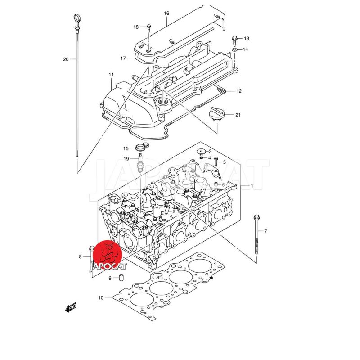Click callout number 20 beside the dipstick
(x=66, y=59)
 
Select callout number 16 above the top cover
(x=166, y=13)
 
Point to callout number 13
(x=246, y=39)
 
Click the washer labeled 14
(x=234, y=49)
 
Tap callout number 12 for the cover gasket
(x=239, y=91)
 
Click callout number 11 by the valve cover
(x=111, y=74)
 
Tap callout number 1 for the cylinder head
(x=252, y=186)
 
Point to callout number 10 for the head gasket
(x=101, y=298)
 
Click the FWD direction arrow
(x=71, y=307)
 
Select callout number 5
(x=224, y=162)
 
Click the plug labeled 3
(x=201, y=152)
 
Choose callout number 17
(x=123, y=58)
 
